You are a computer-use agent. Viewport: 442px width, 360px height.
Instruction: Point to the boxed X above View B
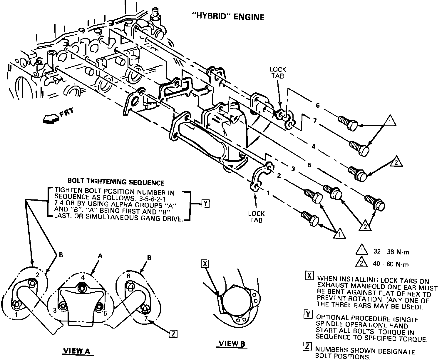point(205,264)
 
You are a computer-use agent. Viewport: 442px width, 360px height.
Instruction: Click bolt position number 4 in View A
point(83,277)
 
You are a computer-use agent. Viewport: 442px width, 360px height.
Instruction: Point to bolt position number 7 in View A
point(146,319)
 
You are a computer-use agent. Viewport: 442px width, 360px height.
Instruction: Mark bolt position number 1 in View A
point(16,315)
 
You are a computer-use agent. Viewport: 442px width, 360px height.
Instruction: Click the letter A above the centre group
point(100,256)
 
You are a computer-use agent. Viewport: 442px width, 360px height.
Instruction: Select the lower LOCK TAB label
point(256,216)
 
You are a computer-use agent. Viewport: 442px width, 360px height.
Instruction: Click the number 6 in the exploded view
point(317,105)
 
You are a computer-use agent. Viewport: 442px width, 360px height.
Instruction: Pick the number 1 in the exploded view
point(268,193)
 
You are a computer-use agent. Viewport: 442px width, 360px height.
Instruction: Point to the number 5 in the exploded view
point(309,165)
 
